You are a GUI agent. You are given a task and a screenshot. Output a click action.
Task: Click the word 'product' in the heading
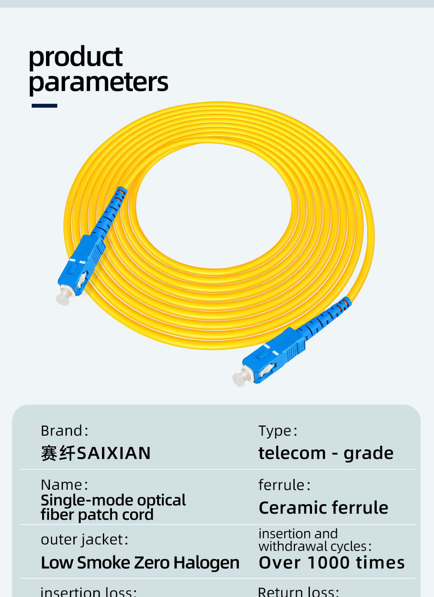click(76, 57)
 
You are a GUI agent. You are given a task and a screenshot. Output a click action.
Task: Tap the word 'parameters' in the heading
click(99, 82)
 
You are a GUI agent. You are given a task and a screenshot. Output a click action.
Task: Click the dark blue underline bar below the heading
click(44, 106)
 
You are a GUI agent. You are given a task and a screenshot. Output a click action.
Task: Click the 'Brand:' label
click(64, 431)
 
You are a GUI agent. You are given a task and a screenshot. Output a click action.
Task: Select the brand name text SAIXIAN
click(114, 453)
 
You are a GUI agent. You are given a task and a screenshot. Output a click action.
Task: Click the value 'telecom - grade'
click(326, 453)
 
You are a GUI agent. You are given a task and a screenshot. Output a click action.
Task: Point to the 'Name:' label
click(64, 485)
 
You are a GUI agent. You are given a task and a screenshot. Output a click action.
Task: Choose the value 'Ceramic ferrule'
click(323, 508)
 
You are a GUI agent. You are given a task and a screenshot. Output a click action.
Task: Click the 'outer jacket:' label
click(84, 539)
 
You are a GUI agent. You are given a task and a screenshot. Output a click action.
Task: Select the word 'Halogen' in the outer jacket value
click(206, 563)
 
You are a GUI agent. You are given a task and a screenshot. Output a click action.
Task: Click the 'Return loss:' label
click(298, 591)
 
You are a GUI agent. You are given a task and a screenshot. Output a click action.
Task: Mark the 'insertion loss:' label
click(88, 592)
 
